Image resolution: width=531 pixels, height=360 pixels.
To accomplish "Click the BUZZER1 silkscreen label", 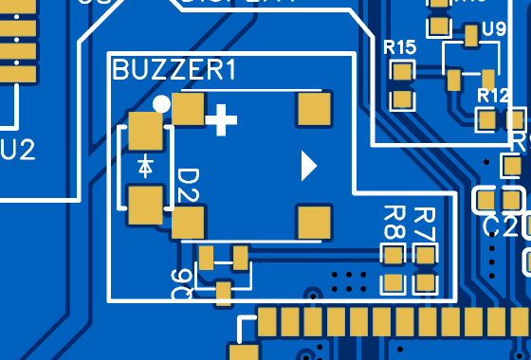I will [174, 70].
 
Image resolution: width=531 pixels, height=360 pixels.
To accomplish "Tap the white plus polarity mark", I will [222, 119].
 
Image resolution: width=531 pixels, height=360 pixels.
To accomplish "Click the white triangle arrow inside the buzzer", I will [307, 166].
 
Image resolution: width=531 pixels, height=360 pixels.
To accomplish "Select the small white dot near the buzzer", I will [161, 103].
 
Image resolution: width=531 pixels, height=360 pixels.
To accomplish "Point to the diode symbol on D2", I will [145, 166].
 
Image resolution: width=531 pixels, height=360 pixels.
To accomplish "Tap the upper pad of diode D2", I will [146, 131].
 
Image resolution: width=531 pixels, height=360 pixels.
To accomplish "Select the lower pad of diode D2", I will [146, 204].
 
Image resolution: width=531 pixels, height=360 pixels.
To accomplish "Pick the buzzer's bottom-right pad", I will [315, 222].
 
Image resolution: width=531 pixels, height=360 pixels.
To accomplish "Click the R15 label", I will [400, 47].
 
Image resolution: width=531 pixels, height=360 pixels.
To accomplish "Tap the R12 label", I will [494, 96].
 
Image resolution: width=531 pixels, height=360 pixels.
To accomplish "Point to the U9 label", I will [494, 28].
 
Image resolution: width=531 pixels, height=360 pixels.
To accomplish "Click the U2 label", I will [18, 149].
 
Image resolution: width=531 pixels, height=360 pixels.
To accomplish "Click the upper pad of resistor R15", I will [404, 71].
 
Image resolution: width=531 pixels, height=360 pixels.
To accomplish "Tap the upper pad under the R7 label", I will [424, 254].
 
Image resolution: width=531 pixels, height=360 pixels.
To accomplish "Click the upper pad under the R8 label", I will [393, 254].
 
